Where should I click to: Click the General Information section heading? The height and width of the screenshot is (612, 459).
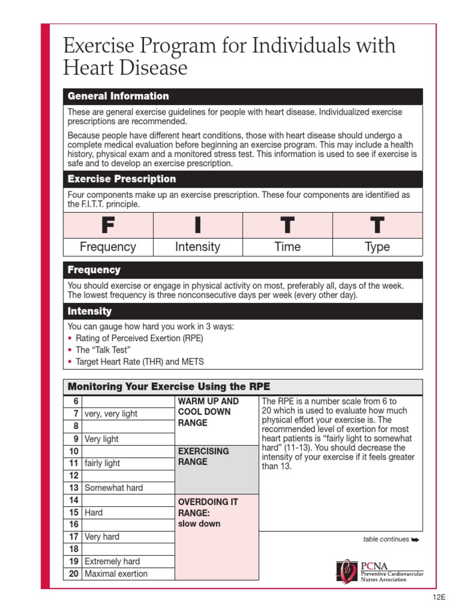(118, 96)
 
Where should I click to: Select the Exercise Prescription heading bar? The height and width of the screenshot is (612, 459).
(122, 179)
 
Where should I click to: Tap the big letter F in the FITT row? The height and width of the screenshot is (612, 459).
(108, 225)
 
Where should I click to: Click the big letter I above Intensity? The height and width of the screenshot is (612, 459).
(198, 225)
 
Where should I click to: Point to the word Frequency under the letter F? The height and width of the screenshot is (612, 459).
(108, 247)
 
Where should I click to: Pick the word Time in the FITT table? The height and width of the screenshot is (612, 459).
(287, 247)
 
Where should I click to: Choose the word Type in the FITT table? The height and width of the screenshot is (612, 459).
(377, 247)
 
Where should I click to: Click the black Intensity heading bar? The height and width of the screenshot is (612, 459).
(90, 311)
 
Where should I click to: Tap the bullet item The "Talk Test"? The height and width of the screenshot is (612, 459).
(102, 350)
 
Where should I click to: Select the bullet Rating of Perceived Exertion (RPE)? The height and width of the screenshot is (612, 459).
(139, 338)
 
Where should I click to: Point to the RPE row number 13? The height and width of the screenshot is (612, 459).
(74, 488)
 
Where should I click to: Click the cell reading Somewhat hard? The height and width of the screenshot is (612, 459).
(114, 488)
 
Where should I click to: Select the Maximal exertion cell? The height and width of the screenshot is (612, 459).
(116, 574)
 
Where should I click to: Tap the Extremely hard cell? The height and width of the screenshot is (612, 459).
(112, 561)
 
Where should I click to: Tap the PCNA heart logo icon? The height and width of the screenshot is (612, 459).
(347, 570)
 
